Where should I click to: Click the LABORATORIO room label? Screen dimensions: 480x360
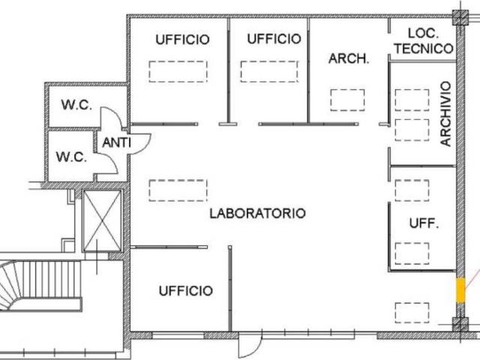257,213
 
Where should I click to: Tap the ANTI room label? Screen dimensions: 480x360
116,142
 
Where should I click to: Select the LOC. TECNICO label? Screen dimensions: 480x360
424,41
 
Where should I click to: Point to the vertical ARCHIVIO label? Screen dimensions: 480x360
445,113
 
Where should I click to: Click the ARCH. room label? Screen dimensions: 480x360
349,58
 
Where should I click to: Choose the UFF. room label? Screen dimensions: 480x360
424,223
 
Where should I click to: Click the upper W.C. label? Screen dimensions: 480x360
76,105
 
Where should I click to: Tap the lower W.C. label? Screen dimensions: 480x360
71,157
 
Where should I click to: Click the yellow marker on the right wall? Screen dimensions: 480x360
460,290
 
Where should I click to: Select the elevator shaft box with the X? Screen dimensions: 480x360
103,220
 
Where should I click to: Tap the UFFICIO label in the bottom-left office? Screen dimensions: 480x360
186,290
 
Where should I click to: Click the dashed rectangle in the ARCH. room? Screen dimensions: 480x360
347,100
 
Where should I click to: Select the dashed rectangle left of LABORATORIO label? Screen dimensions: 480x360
178,190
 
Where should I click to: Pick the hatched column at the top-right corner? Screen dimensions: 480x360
460,17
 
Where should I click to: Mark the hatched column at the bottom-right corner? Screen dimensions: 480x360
460,325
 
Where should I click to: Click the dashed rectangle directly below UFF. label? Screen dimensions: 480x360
412,253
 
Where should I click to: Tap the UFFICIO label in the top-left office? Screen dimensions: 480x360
182,40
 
